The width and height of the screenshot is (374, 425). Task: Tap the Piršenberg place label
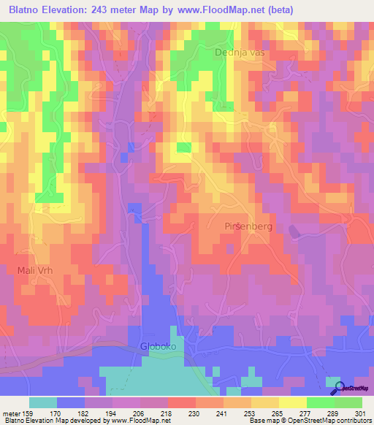tap(248, 226)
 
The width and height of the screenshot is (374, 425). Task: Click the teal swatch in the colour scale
tap(43, 402)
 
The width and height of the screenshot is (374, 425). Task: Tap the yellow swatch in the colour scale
tap(293, 402)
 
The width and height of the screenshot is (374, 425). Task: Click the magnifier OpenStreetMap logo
tap(337, 388)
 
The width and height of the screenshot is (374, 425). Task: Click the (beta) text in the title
tap(343, 10)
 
